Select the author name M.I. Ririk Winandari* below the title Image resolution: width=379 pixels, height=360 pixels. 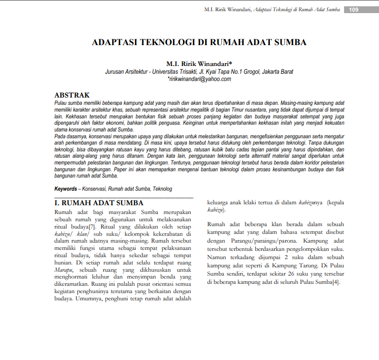pos(199,64)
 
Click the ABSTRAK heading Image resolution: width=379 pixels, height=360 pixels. pos(72,96)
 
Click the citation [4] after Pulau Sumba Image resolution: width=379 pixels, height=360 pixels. pos(336,282)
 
